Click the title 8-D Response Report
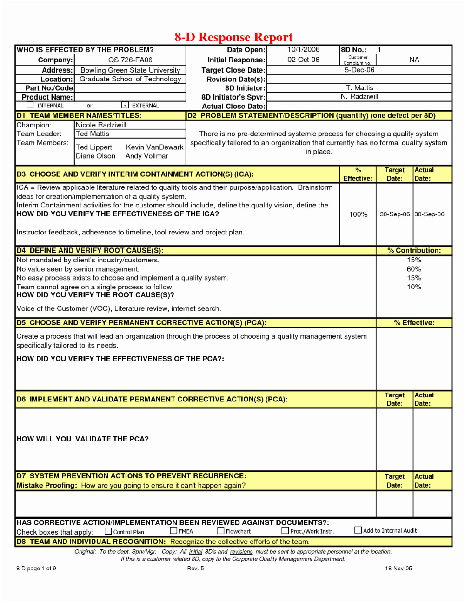click(x=233, y=37)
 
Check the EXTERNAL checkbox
click(x=125, y=105)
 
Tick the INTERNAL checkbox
click(x=30, y=105)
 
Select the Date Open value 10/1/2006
click(x=303, y=49)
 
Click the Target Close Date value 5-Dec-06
click(x=359, y=70)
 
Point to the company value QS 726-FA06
click(x=130, y=60)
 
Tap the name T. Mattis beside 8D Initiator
click(x=359, y=87)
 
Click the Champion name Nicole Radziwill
click(x=101, y=125)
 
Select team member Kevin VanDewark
click(x=154, y=147)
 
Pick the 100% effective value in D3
click(x=358, y=214)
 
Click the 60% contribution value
click(x=414, y=269)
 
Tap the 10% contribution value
click(x=414, y=287)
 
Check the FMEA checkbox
click(x=173, y=530)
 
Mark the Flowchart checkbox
click(x=221, y=530)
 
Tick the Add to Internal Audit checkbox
click(x=358, y=530)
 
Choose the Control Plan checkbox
click(x=108, y=531)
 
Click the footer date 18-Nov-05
click(x=399, y=568)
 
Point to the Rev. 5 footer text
click(x=195, y=568)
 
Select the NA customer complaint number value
click(x=414, y=60)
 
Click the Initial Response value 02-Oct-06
click(x=303, y=60)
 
